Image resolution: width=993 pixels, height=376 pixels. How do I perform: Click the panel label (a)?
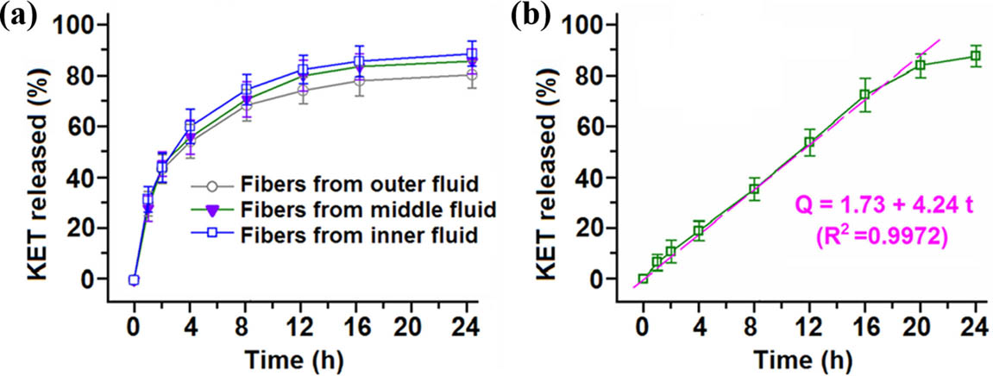pos(20,16)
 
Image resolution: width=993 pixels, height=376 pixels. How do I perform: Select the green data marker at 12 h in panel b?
pos(809,141)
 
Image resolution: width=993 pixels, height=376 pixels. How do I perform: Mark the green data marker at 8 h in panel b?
pos(754,189)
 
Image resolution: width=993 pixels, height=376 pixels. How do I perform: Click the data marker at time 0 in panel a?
pos(134,279)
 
